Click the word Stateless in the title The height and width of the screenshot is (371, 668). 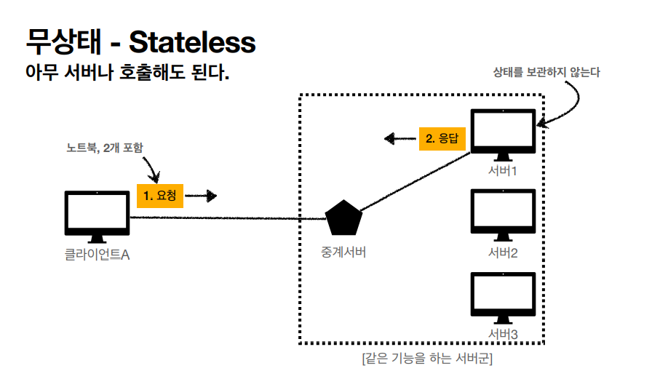click(x=192, y=42)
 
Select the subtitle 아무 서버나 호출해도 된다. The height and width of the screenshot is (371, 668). click(x=127, y=73)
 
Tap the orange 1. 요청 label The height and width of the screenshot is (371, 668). click(x=160, y=196)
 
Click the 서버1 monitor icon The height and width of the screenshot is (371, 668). click(x=503, y=134)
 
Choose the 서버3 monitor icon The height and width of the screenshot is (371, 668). click(x=503, y=297)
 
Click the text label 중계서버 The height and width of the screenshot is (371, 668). click(x=343, y=252)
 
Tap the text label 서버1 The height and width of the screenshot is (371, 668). click(x=503, y=172)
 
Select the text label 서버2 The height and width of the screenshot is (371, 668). click(x=503, y=253)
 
